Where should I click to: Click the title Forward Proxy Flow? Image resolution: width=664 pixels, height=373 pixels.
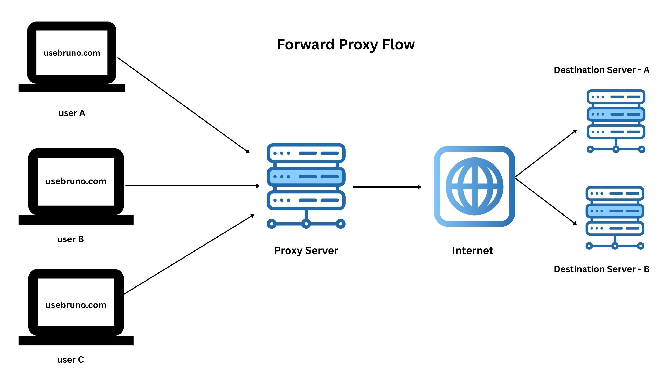(x=345, y=45)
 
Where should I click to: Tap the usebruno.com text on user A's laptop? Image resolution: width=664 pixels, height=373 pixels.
(x=72, y=53)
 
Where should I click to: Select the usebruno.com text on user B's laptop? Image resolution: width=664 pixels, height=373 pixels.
(x=76, y=181)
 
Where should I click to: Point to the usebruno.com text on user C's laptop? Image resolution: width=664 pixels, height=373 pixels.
(x=76, y=305)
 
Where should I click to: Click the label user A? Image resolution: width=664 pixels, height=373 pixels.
(x=72, y=113)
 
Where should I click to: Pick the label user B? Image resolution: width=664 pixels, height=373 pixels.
(x=71, y=239)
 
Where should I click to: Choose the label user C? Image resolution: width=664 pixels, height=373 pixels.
(x=71, y=360)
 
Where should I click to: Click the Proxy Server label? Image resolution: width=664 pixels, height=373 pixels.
(x=306, y=250)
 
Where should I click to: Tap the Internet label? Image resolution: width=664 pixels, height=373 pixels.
(x=472, y=250)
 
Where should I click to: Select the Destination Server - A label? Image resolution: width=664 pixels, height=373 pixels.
(x=601, y=70)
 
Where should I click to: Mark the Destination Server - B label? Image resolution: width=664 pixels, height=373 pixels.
(x=601, y=269)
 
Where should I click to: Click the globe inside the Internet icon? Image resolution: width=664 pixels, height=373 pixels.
(x=474, y=187)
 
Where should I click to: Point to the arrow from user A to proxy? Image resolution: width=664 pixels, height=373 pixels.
(x=183, y=105)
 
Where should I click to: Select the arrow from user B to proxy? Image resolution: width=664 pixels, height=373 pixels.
(x=192, y=186)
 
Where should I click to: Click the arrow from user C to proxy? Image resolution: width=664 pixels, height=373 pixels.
(x=189, y=255)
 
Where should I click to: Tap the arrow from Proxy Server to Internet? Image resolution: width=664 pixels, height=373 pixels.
(x=386, y=187)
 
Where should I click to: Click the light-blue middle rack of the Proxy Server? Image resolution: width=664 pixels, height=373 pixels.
(x=306, y=177)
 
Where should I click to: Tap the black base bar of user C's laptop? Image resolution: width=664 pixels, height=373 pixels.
(x=76, y=340)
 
